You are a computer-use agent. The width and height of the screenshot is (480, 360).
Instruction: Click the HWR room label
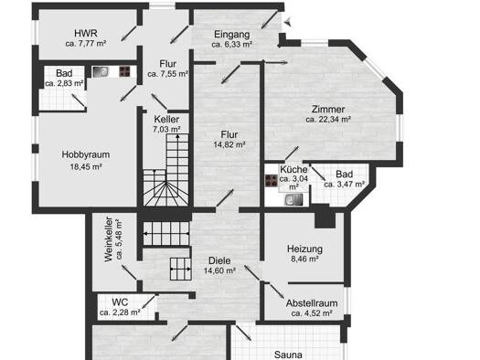[x=86, y=33]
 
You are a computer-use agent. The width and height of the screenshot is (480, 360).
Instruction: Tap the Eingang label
[x=231, y=34]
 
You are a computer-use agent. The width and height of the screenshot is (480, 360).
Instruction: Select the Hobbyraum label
[x=86, y=154]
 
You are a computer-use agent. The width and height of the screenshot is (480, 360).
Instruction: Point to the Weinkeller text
[x=109, y=239]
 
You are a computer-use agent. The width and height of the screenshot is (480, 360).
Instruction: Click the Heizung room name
[x=304, y=249]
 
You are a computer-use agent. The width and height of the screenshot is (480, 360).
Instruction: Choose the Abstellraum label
[x=312, y=303]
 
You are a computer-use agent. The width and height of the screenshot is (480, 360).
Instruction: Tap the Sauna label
[x=288, y=355]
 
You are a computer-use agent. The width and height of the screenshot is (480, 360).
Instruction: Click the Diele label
[x=219, y=260]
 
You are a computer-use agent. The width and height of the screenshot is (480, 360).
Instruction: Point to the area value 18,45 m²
[x=86, y=166]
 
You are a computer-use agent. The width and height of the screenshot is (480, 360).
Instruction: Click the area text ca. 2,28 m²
[x=120, y=312]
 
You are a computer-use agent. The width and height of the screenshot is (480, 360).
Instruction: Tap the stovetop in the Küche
[x=272, y=181]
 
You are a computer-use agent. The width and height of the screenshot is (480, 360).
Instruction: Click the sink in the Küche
[x=293, y=200]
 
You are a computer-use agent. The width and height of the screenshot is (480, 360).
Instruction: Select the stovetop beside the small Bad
[x=125, y=71]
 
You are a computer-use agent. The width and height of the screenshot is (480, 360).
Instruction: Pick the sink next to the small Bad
[x=101, y=72]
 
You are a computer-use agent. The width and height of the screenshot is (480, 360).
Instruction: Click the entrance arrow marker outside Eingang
[x=287, y=22]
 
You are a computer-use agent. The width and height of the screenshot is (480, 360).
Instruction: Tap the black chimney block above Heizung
[x=325, y=216]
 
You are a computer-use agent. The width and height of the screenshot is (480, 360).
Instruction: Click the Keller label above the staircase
[x=166, y=119]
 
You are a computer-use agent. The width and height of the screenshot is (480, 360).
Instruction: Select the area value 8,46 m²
[x=304, y=259]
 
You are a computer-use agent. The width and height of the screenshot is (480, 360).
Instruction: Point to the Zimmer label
[x=328, y=110]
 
